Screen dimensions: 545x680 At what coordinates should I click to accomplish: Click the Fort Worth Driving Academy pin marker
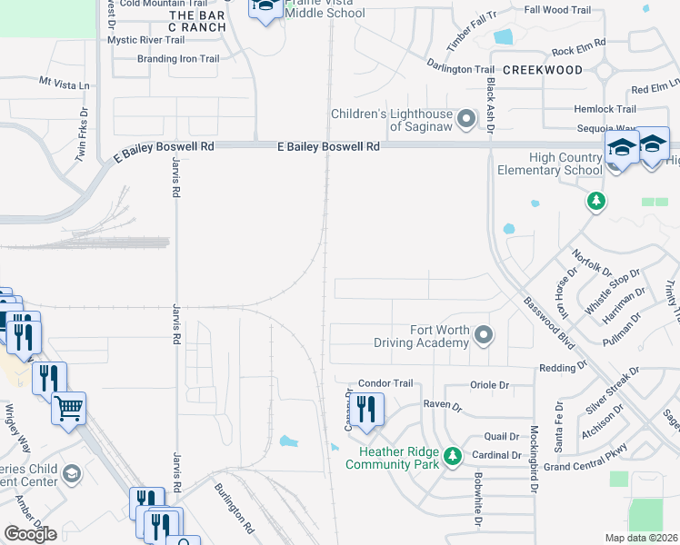484,336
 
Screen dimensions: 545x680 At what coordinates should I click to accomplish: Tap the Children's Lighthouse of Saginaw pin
466,119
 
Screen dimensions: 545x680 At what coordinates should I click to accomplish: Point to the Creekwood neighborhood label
542,70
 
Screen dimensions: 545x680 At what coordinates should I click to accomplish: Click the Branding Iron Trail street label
178,59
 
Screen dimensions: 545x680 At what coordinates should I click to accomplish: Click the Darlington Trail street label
461,68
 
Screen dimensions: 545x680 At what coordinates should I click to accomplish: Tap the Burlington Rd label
235,508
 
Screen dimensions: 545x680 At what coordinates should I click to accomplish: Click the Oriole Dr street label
490,385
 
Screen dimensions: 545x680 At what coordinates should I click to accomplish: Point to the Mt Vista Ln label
65,82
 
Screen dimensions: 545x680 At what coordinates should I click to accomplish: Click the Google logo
30,534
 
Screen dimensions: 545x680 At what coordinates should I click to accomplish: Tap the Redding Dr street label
563,367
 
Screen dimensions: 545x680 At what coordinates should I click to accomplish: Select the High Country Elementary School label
550,163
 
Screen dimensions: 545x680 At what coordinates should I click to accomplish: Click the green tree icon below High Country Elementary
595,200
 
